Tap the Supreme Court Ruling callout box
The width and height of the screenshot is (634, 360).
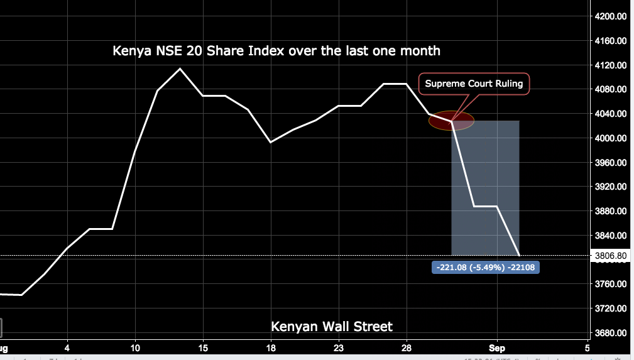click(474, 84)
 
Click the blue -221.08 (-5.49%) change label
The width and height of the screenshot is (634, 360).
click(486, 267)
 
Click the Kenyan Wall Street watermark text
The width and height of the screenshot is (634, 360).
click(332, 327)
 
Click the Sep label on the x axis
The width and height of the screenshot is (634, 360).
click(496, 347)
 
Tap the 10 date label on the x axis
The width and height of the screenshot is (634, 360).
click(135, 347)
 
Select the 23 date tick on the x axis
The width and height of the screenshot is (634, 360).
click(339, 347)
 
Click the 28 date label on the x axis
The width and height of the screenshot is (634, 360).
click(407, 347)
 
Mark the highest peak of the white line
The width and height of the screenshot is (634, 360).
click(180, 68)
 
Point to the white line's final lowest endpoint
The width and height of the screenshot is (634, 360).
click(520, 256)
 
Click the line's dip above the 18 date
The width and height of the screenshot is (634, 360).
click(271, 142)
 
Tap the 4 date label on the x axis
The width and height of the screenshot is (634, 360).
click(67, 347)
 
